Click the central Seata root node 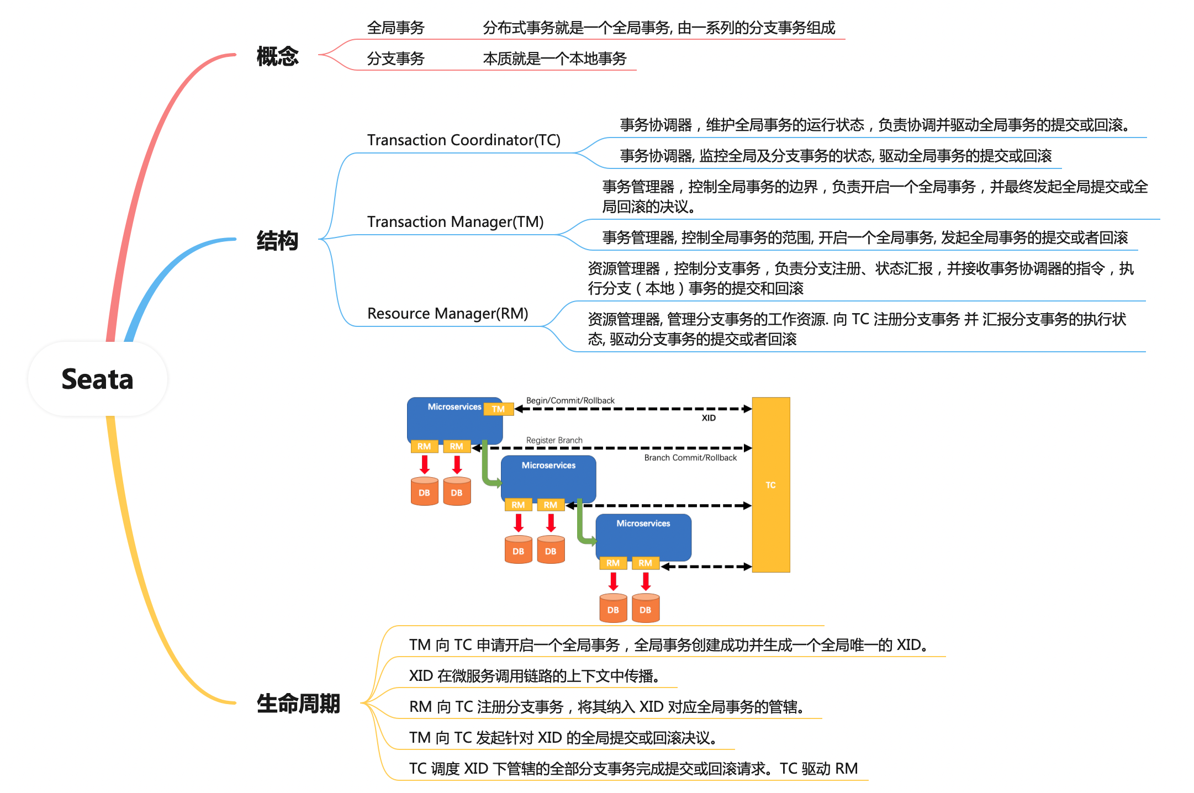point(98,379)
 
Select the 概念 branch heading point(277,56)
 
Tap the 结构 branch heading point(277,241)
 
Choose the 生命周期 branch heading point(298,704)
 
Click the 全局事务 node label point(395,28)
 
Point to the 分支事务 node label point(395,59)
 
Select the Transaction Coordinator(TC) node point(464,140)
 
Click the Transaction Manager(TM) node point(456,222)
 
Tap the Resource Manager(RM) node point(448,314)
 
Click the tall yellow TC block point(771,485)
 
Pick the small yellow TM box point(499,409)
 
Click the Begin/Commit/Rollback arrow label point(570,400)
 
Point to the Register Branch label point(554,440)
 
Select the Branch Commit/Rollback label point(690,458)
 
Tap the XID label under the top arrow point(709,418)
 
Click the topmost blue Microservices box point(454,420)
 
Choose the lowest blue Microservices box point(643,537)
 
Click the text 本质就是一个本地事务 point(554,59)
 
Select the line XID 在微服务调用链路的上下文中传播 point(534,676)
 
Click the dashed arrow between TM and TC point(633,409)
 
